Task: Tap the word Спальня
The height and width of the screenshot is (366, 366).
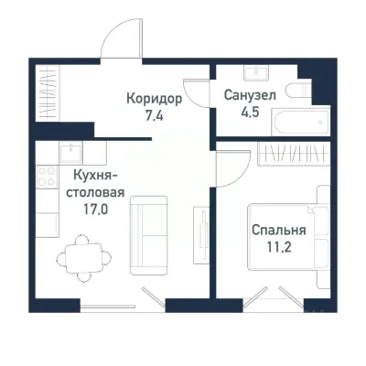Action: (x=278, y=231)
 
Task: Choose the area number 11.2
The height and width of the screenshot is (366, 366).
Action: (x=278, y=247)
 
